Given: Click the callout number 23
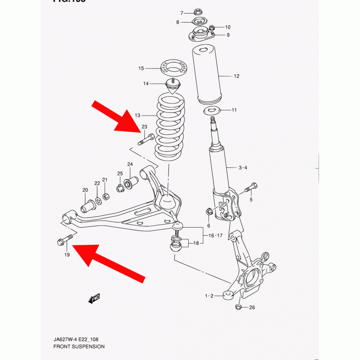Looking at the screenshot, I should coord(144,127).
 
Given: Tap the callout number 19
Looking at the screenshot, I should coord(67,255).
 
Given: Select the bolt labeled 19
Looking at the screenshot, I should coord(65,240).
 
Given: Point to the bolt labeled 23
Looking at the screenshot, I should coord(147,139).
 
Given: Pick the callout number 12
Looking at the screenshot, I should coord(236,76).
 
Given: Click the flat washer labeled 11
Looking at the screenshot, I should coord(213,111).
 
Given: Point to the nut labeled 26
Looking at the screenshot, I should coord(238,307).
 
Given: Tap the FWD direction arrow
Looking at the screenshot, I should coord(95,298).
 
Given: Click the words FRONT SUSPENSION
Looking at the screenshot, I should coord(79,347).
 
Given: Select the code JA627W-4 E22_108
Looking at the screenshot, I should coord(76,339).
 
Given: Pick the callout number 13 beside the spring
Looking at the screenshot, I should coord(137,115).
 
